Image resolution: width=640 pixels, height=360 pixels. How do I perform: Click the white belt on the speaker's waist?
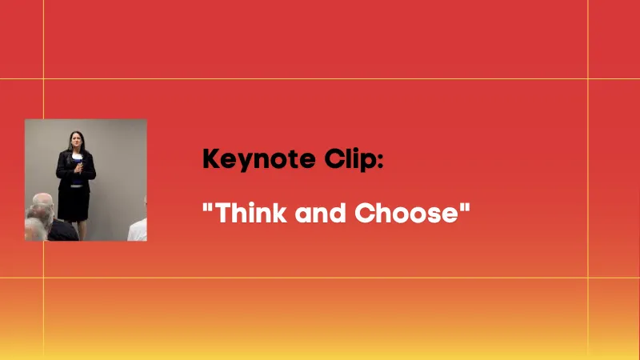(x=76, y=185)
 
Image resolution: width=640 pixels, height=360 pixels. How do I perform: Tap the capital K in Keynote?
(x=210, y=158)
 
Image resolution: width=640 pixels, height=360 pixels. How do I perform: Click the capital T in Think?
(x=222, y=214)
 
